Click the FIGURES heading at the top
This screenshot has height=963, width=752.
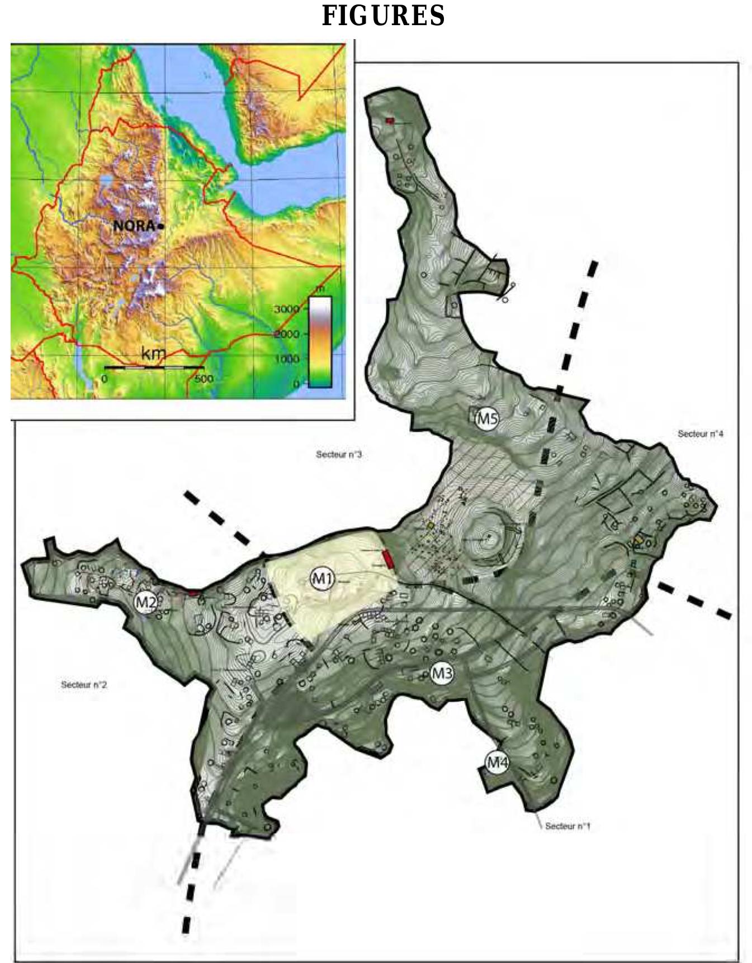[x=383, y=15]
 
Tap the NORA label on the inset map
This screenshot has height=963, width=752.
[x=134, y=226]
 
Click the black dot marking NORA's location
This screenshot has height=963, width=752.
[x=160, y=226]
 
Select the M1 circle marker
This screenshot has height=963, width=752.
[x=322, y=579]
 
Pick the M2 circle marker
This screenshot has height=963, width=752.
[x=146, y=602]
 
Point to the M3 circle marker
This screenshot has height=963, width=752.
[x=442, y=674]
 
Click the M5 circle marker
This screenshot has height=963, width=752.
[x=486, y=418]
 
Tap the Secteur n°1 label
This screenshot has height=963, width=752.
[x=567, y=826]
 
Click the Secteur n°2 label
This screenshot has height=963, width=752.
[x=84, y=684]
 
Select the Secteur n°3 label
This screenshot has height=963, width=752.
[x=339, y=455]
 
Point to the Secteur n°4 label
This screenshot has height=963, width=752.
[x=701, y=433]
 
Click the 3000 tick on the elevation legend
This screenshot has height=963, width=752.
[x=287, y=309]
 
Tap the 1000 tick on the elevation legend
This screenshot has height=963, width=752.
[x=287, y=359]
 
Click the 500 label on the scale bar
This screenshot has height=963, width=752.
[x=204, y=379]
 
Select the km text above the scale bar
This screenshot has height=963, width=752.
[x=153, y=354]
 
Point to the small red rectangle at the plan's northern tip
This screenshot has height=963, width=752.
[x=390, y=121]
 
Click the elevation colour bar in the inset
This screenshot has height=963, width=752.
[x=320, y=341]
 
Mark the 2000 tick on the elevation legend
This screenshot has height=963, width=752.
[x=287, y=334]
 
